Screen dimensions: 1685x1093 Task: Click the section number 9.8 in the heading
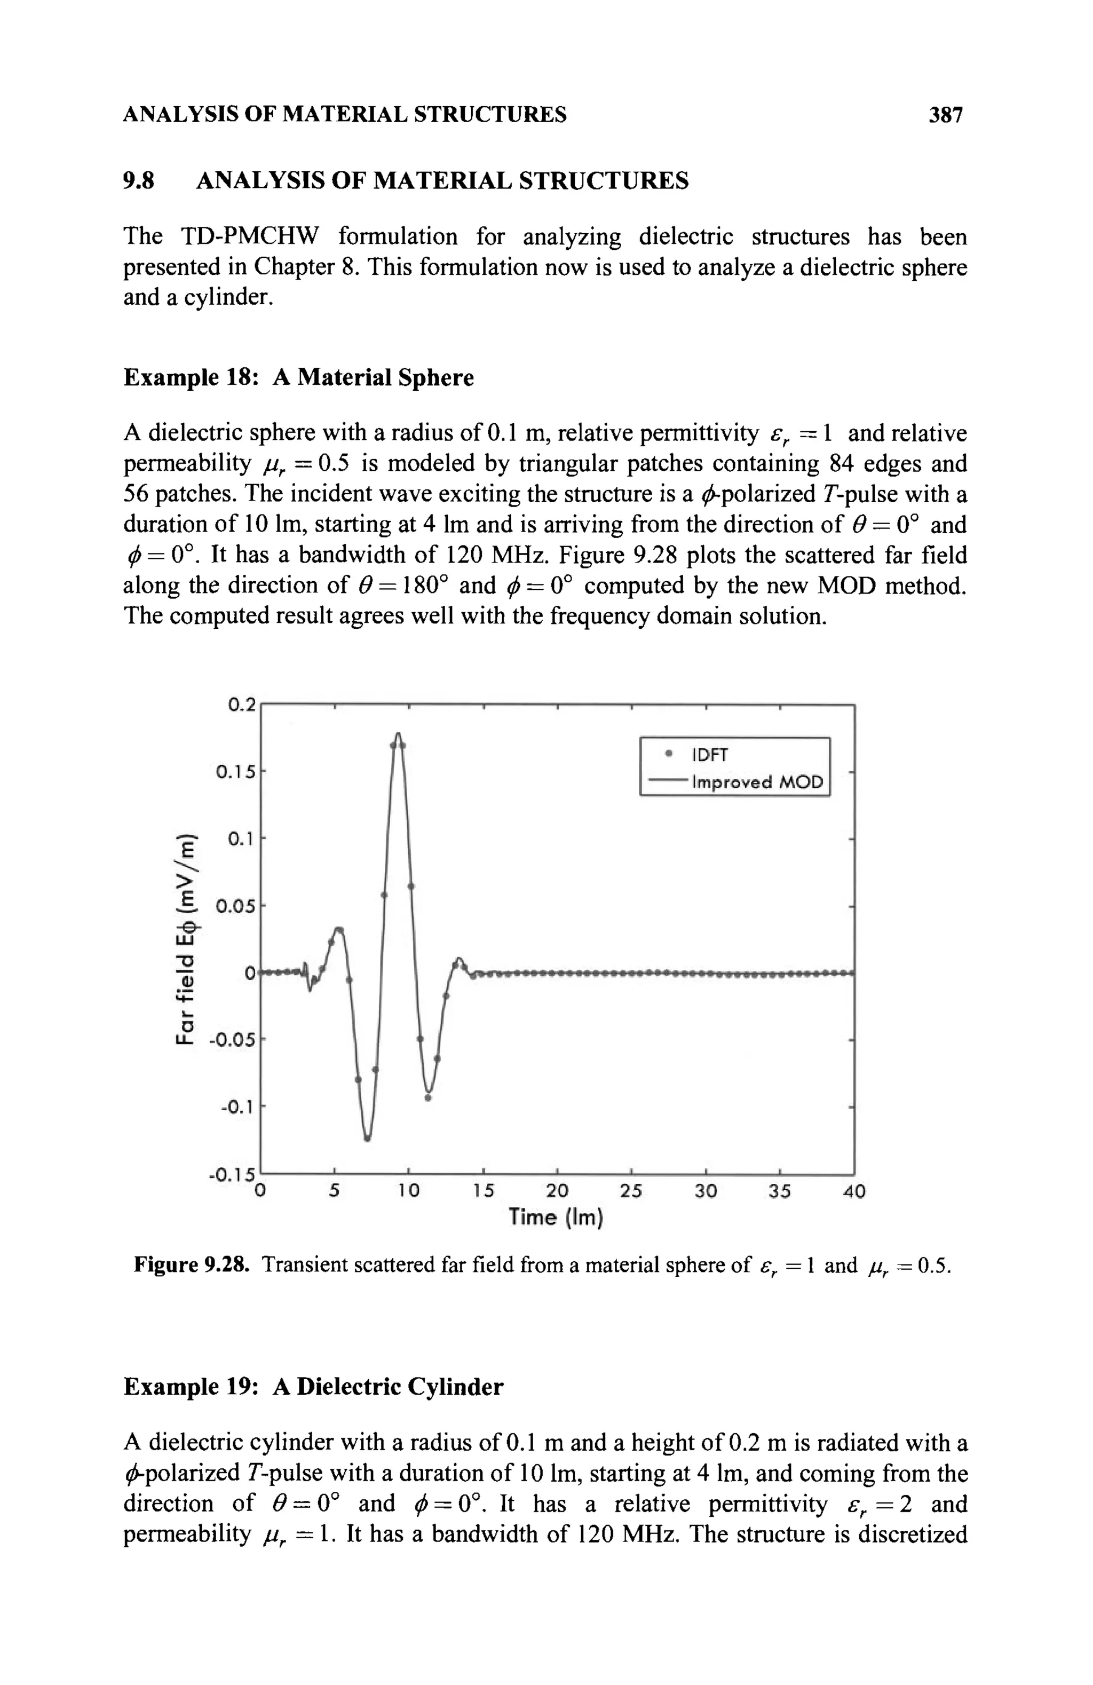[139, 181]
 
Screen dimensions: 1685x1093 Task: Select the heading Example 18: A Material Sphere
[298, 377]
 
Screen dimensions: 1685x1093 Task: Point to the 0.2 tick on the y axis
[241, 705]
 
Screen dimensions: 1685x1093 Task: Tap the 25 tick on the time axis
[631, 1191]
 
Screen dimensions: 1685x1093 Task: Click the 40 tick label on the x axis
[854, 1191]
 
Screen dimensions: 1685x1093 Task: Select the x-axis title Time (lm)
[556, 1218]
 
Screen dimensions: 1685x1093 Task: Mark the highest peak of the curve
[399, 734]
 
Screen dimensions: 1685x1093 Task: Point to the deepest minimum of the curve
[367, 1139]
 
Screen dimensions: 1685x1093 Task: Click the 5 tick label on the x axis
[334, 1191]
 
